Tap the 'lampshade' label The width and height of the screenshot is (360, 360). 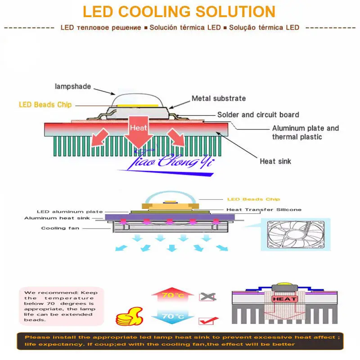[72, 86]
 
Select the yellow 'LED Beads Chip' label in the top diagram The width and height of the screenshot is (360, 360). [45, 105]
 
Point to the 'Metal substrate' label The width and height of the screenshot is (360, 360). [219, 99]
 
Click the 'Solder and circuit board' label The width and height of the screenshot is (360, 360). [258, 115]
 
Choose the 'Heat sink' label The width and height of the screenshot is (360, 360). [275, 161]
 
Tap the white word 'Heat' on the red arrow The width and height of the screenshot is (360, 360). [138, 128]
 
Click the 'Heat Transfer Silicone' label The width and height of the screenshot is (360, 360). [264, 209]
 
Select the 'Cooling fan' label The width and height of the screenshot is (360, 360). [60, 228]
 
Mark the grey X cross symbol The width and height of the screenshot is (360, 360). [207, 297]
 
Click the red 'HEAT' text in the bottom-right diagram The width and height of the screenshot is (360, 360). [284, 299]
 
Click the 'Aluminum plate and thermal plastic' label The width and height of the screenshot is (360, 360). [305, 132]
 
